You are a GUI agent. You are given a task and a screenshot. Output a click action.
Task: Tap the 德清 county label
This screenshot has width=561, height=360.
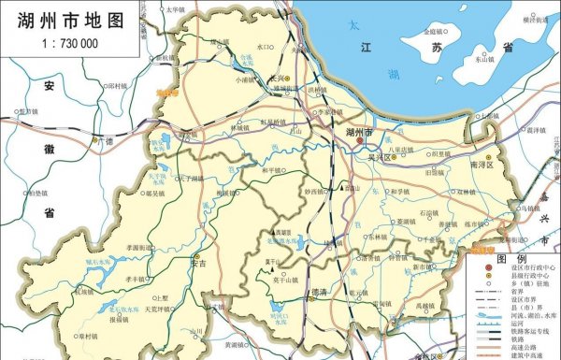click(x=318, y=292)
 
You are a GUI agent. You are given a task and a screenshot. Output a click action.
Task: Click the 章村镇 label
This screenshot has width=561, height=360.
click(x=87, y=336)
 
